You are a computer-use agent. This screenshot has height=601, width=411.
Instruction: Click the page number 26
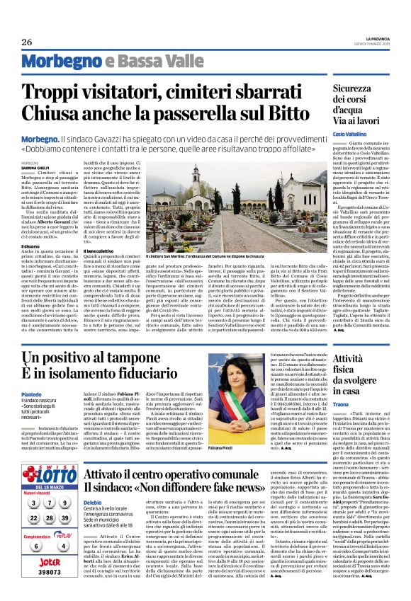(27, 42)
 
